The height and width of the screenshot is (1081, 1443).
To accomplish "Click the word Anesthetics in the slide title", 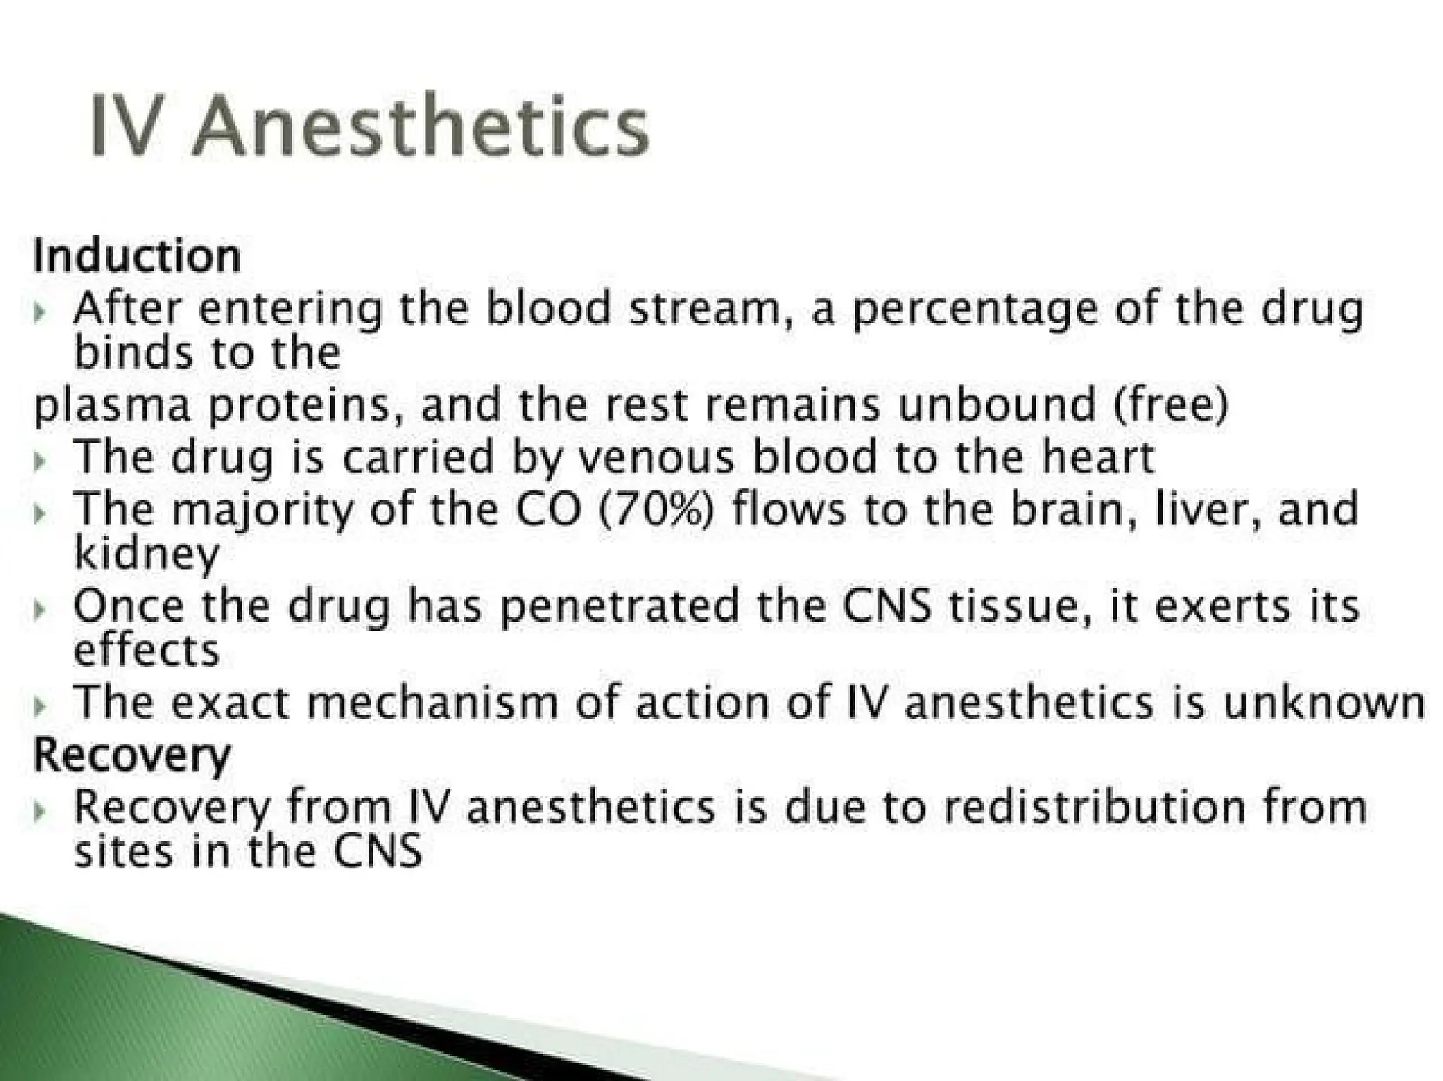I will click(x=420, y=127).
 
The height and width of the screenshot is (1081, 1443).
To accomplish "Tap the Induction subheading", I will click(x=137, y=257).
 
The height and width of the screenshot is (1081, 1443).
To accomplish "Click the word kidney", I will click(x=147, y=553).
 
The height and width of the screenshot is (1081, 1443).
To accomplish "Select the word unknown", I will click(x=1323, y=703).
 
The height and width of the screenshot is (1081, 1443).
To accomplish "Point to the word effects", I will click(x=147, y=650).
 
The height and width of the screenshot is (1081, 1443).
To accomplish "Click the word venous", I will click(x=655, y=457).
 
